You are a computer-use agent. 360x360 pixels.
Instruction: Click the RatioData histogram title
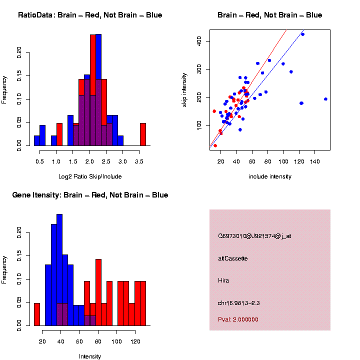click(x=90, y=15)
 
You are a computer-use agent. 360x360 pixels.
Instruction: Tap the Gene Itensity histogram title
click(x=90, y=195)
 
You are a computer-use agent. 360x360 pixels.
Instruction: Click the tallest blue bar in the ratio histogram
click(x=98, y=90)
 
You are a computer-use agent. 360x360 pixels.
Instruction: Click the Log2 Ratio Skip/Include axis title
click(x=90, y=176)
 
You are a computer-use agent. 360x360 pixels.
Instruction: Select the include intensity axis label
click(x=270, y=176)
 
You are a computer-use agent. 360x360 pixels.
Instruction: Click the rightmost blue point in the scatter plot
click(x=325, y=99)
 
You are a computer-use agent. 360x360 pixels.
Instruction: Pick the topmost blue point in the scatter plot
click(x=302, y=34)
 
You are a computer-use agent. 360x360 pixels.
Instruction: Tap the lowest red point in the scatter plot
click(x=215, y=145)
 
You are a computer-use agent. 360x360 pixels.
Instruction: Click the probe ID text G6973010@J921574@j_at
click(x=254, y=236)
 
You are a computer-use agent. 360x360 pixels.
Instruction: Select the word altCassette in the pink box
click(x=233, y=258)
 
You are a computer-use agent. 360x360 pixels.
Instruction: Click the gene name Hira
click(x=223, y=280)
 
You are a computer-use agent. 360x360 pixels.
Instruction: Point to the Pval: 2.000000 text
click(x=238, y=319)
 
